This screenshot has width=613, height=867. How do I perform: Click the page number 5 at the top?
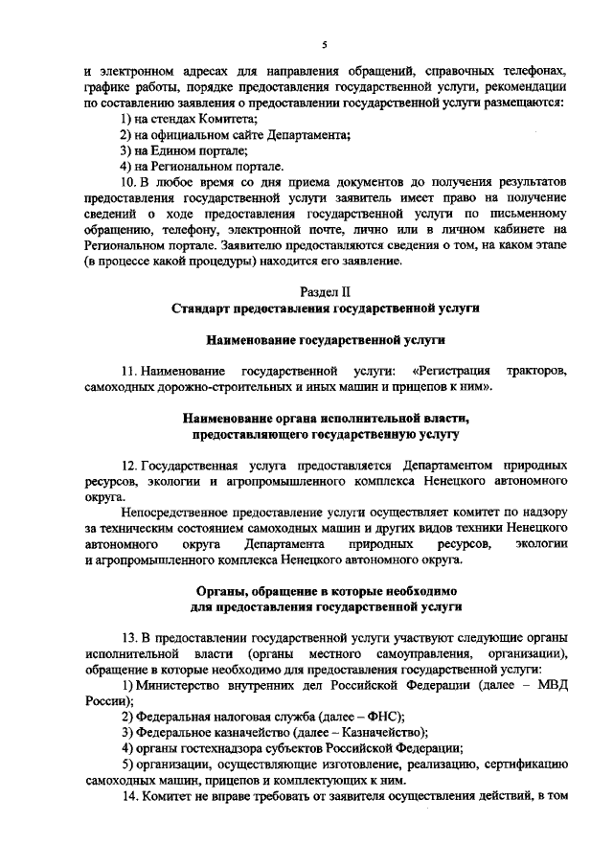pyautogui.click(x=325, y=44)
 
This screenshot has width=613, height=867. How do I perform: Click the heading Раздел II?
pyautogui.click(x=325, y=290)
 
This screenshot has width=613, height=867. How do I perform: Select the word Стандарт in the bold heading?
pyautogui.click(x=203, y=308)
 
